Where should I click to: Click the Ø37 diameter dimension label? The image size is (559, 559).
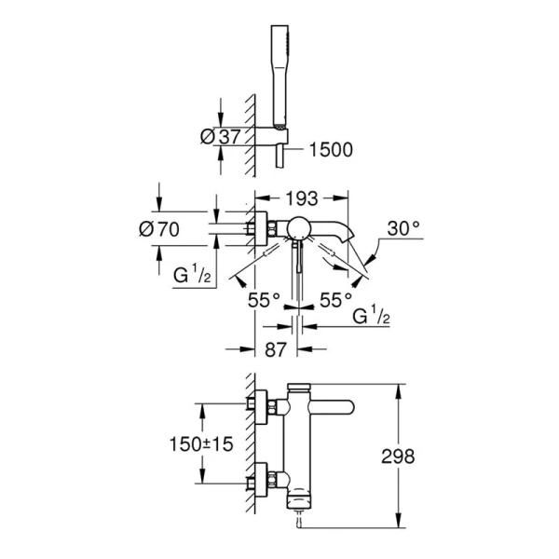[x=221, y=137]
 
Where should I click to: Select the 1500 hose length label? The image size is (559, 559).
[x=331, y=150]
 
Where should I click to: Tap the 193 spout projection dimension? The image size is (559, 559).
[x=302, y=198]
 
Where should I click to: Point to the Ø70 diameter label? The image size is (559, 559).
[x=159, y=229]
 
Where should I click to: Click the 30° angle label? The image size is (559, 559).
[x=403, y=228]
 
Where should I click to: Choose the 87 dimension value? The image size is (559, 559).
[x=276, y=349]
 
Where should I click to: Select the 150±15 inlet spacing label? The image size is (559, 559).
[x=201, y=444]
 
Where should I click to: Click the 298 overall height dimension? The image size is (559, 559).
[x=398, y=456]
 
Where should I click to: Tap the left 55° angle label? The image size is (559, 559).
[x=265, y=300]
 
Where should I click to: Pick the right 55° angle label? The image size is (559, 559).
[x=335, y=300]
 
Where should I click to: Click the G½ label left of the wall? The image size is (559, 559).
[x=191, y=275]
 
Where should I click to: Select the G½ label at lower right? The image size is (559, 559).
[x=371, y=315]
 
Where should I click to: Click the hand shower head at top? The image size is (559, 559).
[x=279, y=76]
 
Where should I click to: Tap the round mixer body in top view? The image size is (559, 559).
[x=299, y=227]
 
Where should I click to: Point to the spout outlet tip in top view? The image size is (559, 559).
[x=349, y=237]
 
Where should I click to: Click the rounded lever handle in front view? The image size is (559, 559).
[x=333, y=407]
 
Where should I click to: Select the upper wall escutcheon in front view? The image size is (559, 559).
[x=261, y=407]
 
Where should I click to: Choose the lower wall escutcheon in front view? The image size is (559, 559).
[x=261, y=480]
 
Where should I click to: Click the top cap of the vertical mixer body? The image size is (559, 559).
[x=299, y=387]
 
